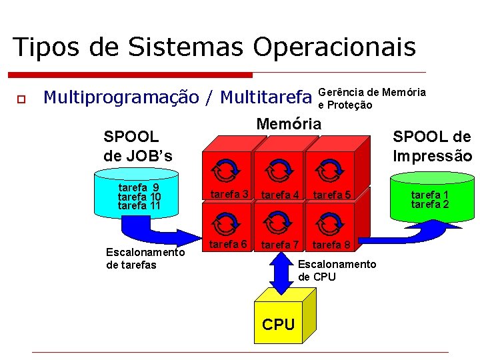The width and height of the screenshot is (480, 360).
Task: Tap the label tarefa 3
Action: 229,194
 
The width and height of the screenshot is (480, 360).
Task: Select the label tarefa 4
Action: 280,195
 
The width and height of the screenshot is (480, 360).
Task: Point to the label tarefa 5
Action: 331,195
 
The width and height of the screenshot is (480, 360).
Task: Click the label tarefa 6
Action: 229,244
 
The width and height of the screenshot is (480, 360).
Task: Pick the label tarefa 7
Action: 280,245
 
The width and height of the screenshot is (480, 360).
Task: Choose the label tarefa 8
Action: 331,245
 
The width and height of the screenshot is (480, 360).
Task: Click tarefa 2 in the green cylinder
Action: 430,204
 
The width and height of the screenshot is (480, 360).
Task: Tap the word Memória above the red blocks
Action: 289,123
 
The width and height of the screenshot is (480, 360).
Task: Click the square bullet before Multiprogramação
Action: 21,99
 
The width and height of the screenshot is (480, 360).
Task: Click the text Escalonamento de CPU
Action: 337,271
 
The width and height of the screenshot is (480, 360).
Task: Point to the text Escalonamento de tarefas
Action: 145,259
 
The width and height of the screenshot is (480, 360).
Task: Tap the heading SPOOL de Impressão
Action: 432,147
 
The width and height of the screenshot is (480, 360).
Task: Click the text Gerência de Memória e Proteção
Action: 372,98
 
